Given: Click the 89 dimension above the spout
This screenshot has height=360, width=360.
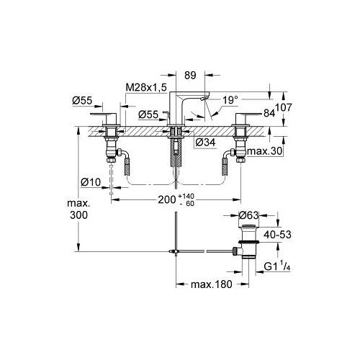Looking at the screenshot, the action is (x=190, y=75).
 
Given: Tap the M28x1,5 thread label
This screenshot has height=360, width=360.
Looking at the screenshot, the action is (x=146, y=88).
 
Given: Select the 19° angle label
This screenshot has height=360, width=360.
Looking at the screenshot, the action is (x=230, y=100).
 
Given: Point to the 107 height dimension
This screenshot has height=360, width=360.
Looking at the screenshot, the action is (x=284, y=107).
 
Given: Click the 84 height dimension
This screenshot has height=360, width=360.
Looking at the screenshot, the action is (x=269, y=113).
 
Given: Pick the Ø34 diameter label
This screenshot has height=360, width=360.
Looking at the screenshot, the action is (x=205, y=143).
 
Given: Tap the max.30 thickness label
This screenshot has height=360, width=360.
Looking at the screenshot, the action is (x=265, y=151).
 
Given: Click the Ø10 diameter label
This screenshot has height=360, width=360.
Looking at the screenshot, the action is (x=91, y=182).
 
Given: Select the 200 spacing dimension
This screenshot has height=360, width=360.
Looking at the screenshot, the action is (x=167, y=199).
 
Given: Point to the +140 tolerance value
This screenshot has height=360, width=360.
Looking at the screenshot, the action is (x=186, y=197).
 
